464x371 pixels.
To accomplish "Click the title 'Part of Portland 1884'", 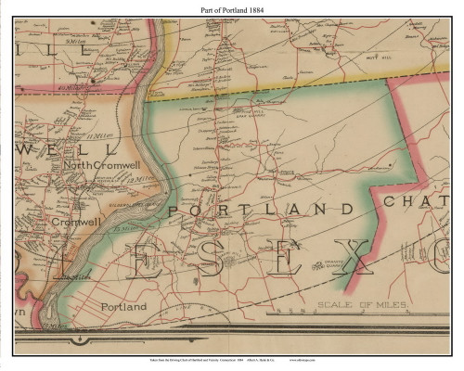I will tap(231, 8).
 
